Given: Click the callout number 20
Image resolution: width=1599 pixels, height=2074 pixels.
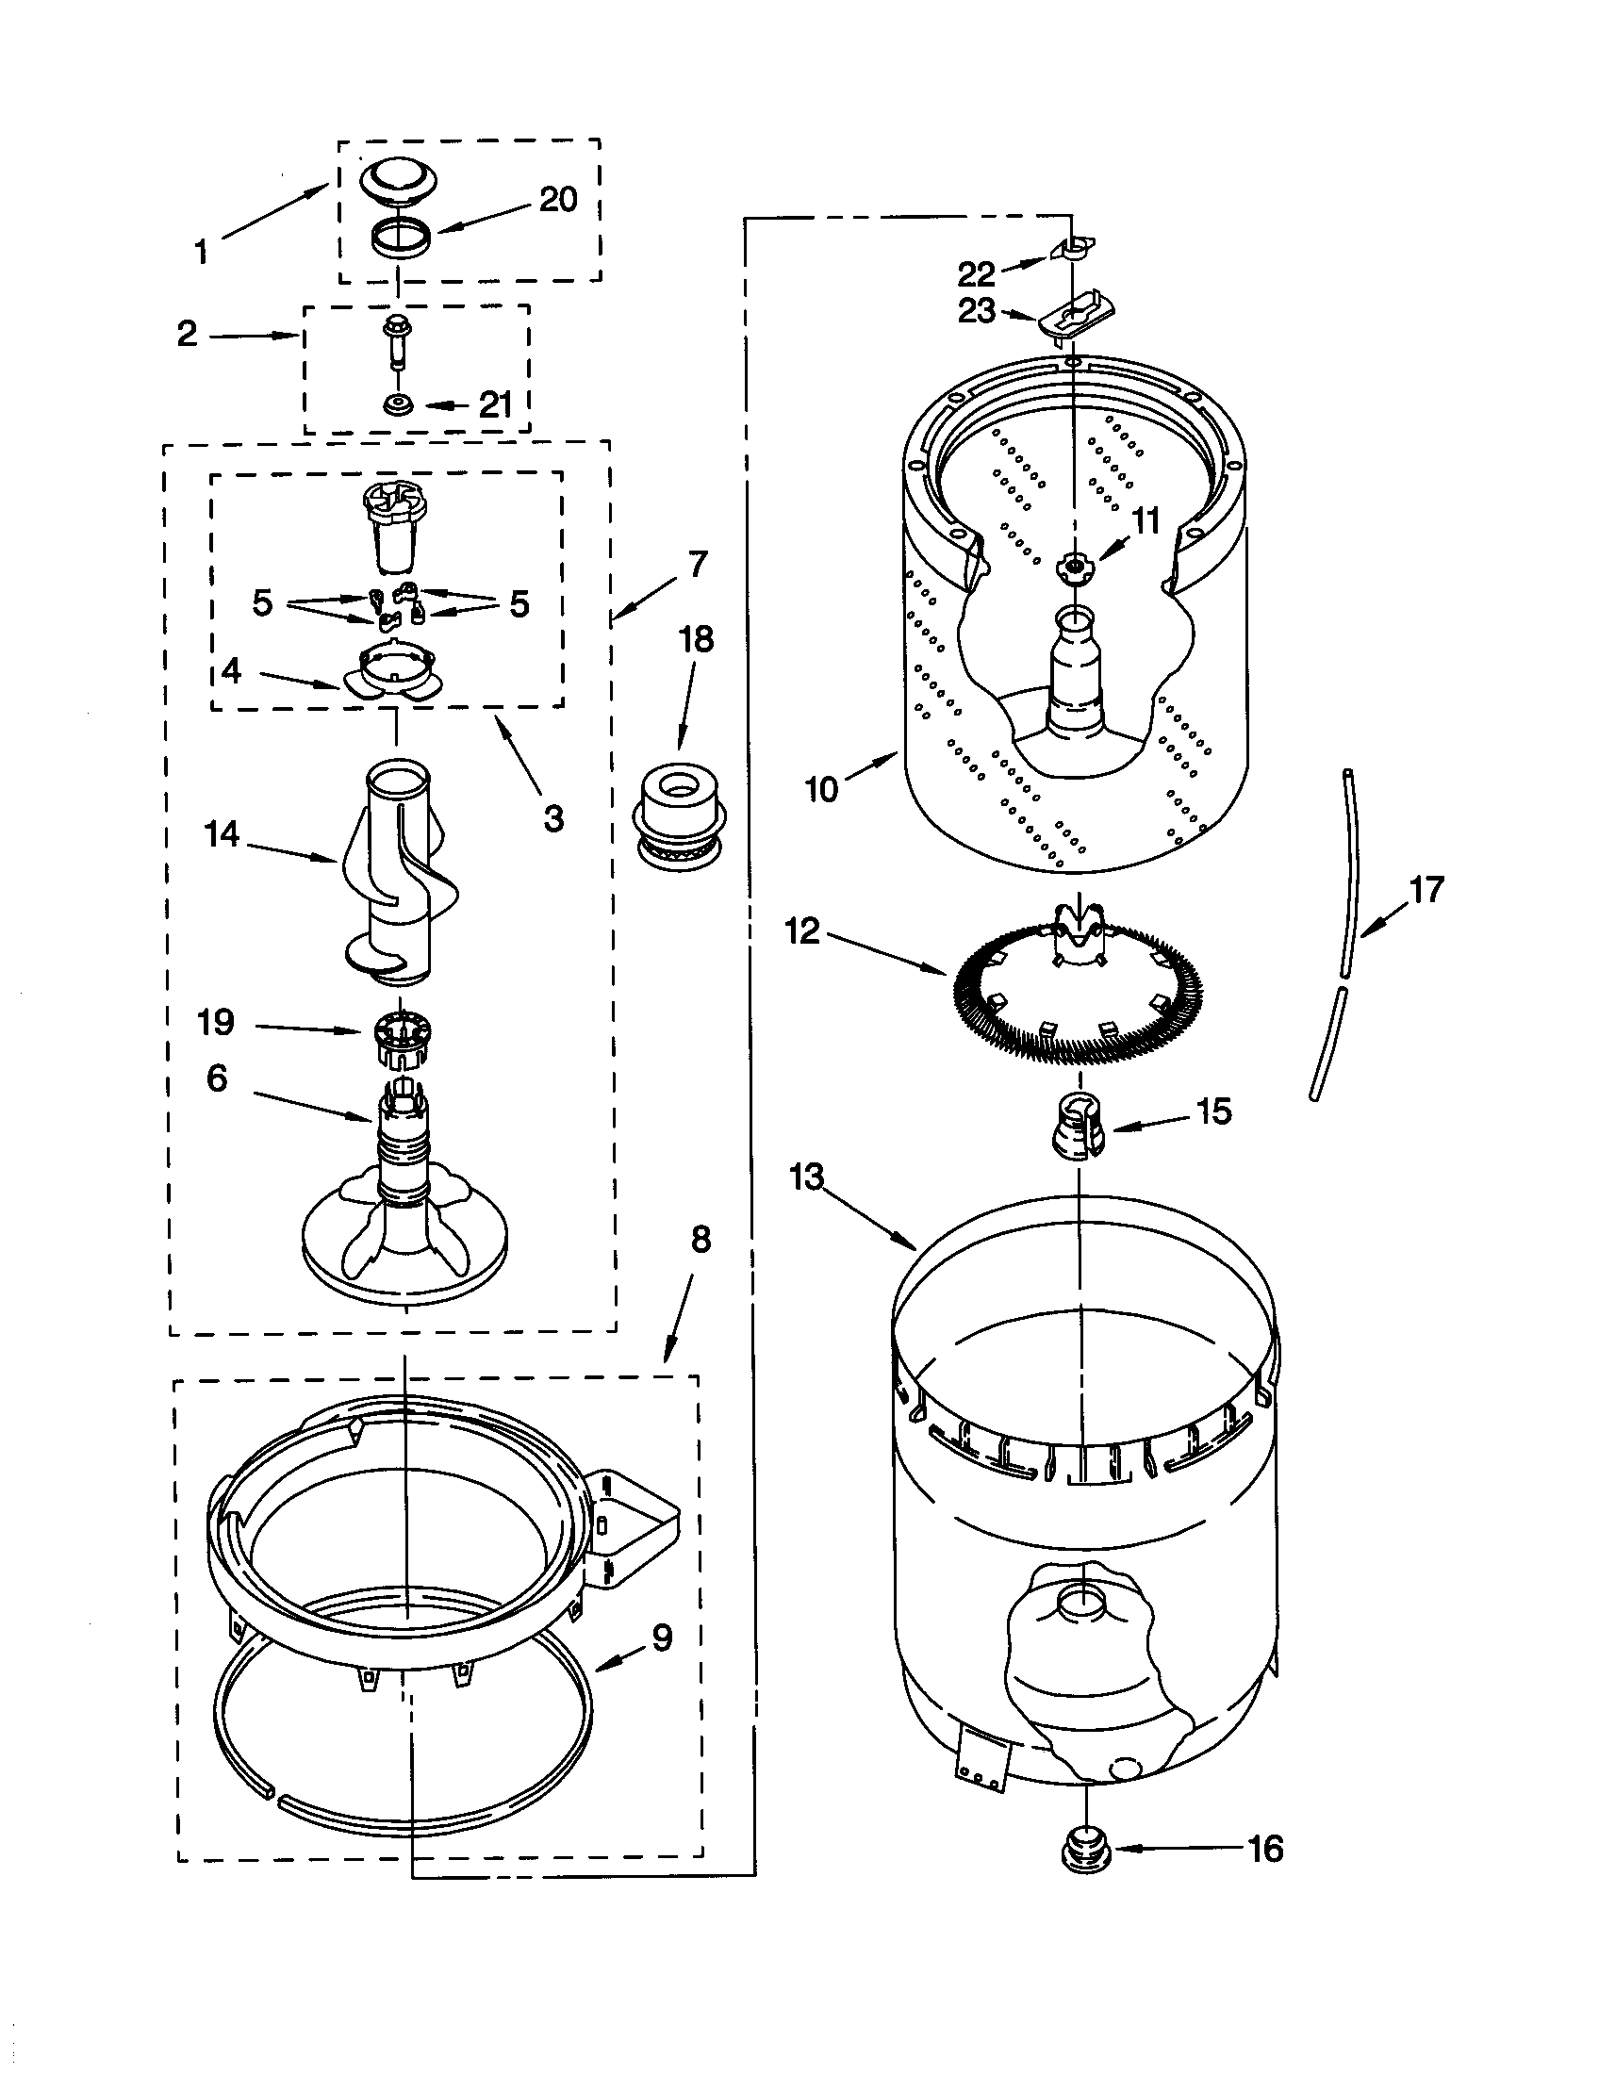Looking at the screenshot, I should (558, 201).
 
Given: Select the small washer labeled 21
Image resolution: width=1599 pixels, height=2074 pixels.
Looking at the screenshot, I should (397, 405).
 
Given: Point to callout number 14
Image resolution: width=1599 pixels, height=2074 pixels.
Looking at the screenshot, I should (223, 834).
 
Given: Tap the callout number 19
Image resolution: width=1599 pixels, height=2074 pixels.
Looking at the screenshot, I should (216, 1023).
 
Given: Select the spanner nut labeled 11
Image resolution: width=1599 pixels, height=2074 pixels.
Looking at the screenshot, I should (1074, 566).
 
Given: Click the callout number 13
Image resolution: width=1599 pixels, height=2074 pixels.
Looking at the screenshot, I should (807, 1177).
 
